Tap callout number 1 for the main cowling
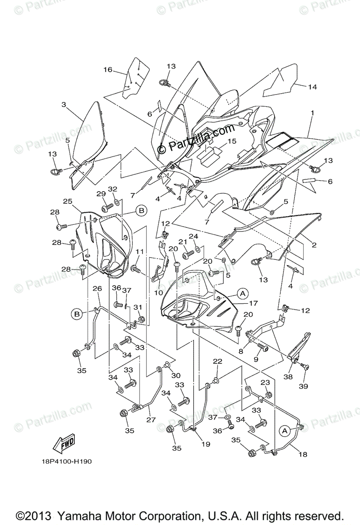click(312, 113)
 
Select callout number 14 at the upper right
click(312, 87)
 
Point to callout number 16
click(108, 70)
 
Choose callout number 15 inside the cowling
click(231, 141)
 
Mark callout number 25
click(67, 201)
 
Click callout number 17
click(254, 303)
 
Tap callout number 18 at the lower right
click(303, 454)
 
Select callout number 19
click(205, 444)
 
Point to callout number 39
click(303, 386)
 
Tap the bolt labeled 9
click(263, 346)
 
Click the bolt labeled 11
click(136, 270)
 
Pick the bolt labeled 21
click(189, 253)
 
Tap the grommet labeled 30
click(167, 365)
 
